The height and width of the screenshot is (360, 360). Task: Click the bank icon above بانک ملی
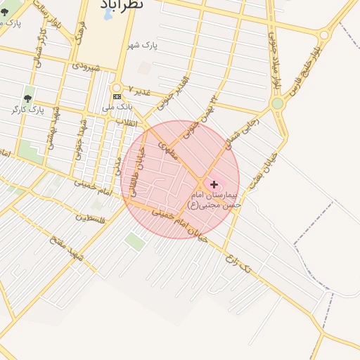coord(117,96)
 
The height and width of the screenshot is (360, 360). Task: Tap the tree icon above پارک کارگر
coord(28,98)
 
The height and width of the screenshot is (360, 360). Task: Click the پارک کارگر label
coord(28,110)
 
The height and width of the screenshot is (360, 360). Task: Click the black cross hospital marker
coord(214,184)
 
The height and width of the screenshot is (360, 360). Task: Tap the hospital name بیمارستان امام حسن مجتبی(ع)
coord(214,199)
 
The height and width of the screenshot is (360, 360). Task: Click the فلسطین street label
coord(94,217)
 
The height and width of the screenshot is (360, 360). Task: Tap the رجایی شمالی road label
coord(242,133)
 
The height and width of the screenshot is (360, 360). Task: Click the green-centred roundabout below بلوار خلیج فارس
coord(277,103)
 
